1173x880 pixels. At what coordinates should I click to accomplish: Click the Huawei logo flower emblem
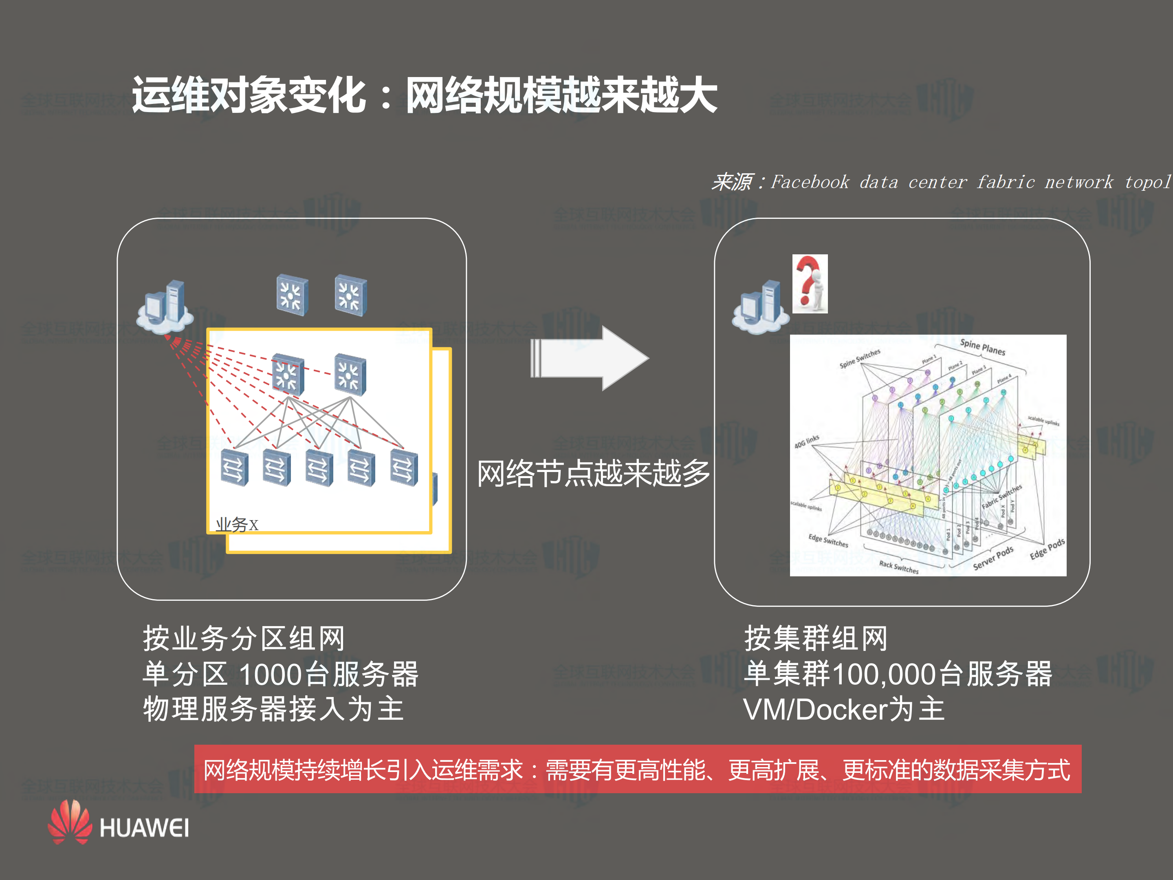point(70,822)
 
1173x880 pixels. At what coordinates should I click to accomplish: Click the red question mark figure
point(809,283)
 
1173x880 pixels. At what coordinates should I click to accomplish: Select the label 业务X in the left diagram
point(236,525)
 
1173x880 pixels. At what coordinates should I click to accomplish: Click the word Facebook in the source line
point(809,182)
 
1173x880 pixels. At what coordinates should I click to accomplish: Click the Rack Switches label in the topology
point(898,567)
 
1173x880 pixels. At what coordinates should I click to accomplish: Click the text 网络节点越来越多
point(593,473)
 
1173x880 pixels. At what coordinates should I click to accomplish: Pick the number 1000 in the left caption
point(271,674)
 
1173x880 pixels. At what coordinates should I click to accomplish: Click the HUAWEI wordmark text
point(144,828)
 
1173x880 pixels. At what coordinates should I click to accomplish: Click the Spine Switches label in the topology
point(860,359)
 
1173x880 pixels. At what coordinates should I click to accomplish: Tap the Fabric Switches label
point(1001,496)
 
